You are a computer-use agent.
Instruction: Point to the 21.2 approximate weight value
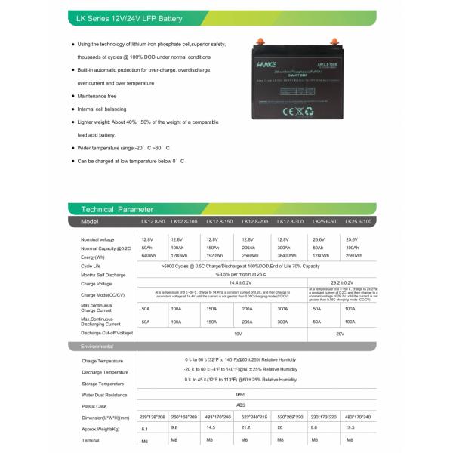[x=245, y=427]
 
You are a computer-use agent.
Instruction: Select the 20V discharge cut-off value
[x=341, y=333]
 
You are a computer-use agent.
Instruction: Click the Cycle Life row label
[x=91, y=266]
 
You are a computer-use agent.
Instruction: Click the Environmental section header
[x=97, y=346]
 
